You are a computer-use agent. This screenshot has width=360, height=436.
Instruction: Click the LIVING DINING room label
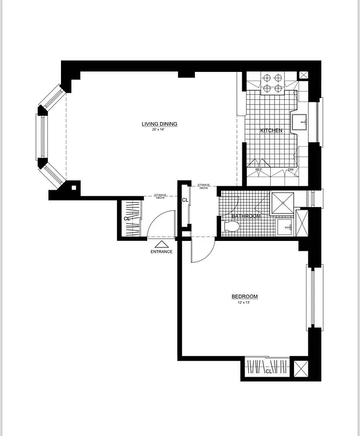click(160, 124)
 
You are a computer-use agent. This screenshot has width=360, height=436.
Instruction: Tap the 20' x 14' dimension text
click(160, 130)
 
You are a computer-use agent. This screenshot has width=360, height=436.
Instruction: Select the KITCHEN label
click(271, 131)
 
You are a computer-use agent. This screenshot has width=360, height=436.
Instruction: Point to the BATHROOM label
click(246, 216)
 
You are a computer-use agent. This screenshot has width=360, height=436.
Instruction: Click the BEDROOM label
click(245, 296)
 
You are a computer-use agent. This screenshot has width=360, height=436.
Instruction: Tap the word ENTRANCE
click(162, 252)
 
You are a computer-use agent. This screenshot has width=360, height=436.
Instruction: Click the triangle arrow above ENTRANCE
click(162, 244)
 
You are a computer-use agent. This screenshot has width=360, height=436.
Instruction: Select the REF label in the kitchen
click(259, 171)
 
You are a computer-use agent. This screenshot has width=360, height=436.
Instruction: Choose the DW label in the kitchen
click(290, 171)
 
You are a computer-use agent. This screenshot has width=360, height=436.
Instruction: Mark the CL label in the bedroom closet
click(268, 371)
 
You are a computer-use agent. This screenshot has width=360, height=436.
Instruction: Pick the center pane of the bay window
click(40, 136)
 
